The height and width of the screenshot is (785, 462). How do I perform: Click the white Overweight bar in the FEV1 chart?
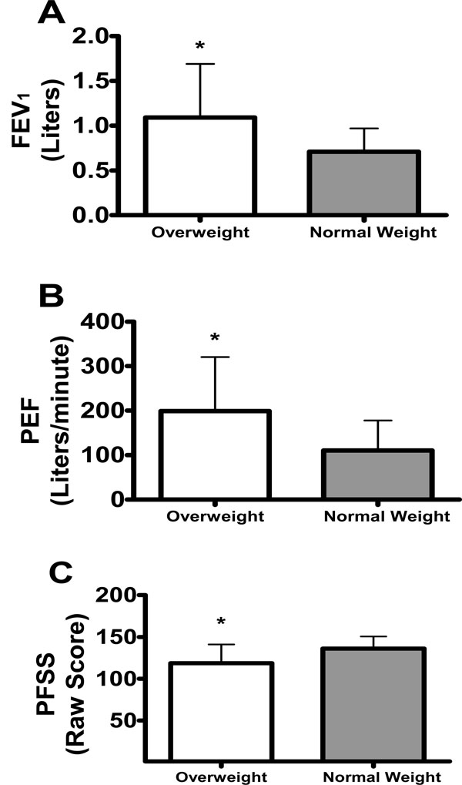point(199,166)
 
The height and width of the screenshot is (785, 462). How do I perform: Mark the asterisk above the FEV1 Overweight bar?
point(199,47)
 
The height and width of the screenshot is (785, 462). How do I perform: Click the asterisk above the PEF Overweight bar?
point(214,337)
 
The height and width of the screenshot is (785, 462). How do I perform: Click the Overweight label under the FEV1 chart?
point(199,231)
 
